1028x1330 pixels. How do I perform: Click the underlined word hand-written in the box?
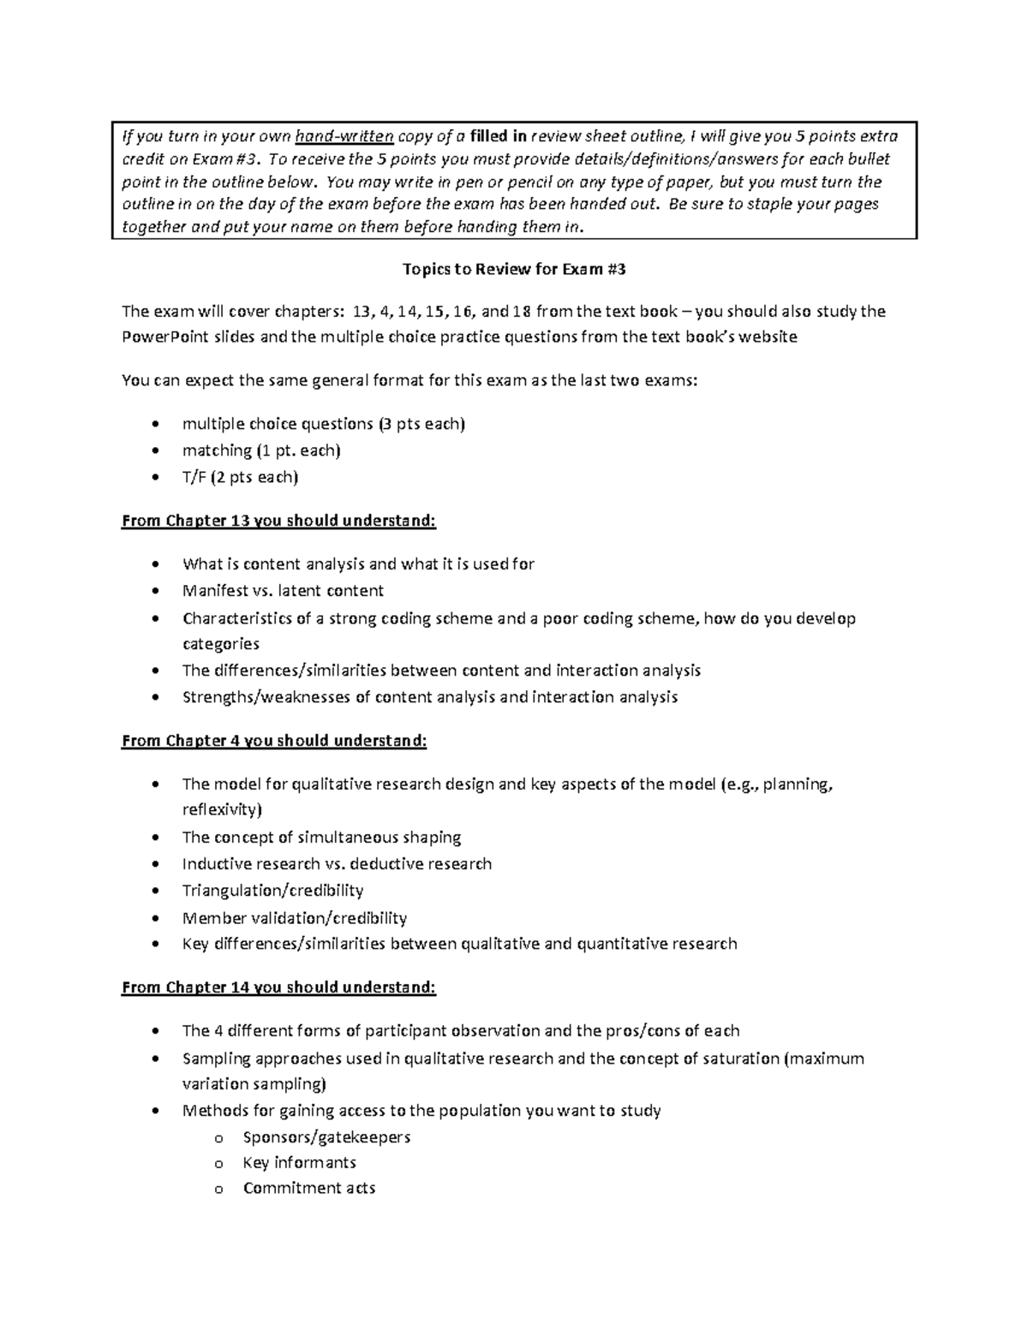tap(344, 136)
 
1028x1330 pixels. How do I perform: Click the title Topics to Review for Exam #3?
tap(514, 269)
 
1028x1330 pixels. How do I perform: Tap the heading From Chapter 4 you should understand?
tap(274, 741)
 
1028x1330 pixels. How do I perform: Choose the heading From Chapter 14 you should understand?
tap(278, 987)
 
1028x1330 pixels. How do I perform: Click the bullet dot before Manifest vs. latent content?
tap(154, 591)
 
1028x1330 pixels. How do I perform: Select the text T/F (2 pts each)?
tap(240, 477)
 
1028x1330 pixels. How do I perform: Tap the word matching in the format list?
tap(217, 450)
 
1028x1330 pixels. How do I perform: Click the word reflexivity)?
tap(222, 809)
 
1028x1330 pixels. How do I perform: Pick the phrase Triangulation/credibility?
tap(272, 891)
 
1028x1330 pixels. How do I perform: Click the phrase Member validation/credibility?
tap(294, 918)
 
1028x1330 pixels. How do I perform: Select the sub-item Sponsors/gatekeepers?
tap(326, 1137)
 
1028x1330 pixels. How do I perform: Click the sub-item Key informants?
tap(299, 1162)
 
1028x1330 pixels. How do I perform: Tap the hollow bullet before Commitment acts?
tap(218, 1189)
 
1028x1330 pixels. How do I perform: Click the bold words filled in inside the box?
tap(499, 136)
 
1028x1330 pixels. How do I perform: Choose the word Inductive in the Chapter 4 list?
tap(217, 864)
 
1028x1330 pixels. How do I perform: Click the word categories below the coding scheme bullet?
tap(220, 644)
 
